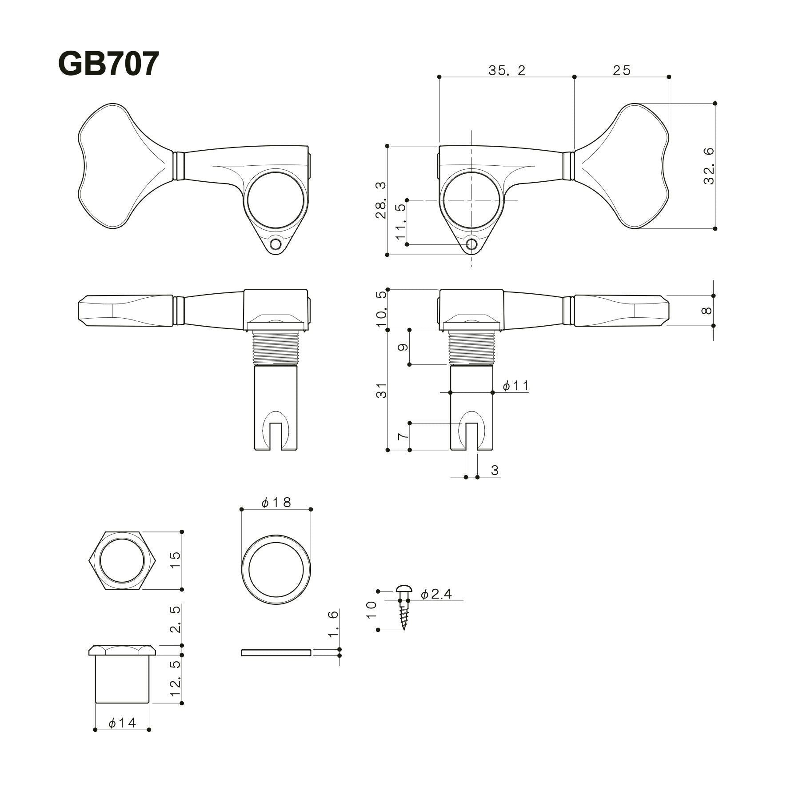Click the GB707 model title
click(108, 64)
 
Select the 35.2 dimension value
click(507, 70)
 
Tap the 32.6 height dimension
click(708, 166)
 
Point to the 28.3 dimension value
click(380, 200)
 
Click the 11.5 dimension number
click(401, 222)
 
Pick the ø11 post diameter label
click(516, 386)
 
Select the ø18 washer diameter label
click(276, 502)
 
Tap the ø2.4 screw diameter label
click(436, 594)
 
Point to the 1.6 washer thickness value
click(333, 624)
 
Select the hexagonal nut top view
click(122, 560)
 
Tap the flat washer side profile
click(276, 652)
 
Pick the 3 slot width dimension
click(495, 470)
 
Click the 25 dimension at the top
click(621, 70)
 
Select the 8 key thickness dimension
click(707, 310)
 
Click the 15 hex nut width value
click(176, 560)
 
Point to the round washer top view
click(276, 569)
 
